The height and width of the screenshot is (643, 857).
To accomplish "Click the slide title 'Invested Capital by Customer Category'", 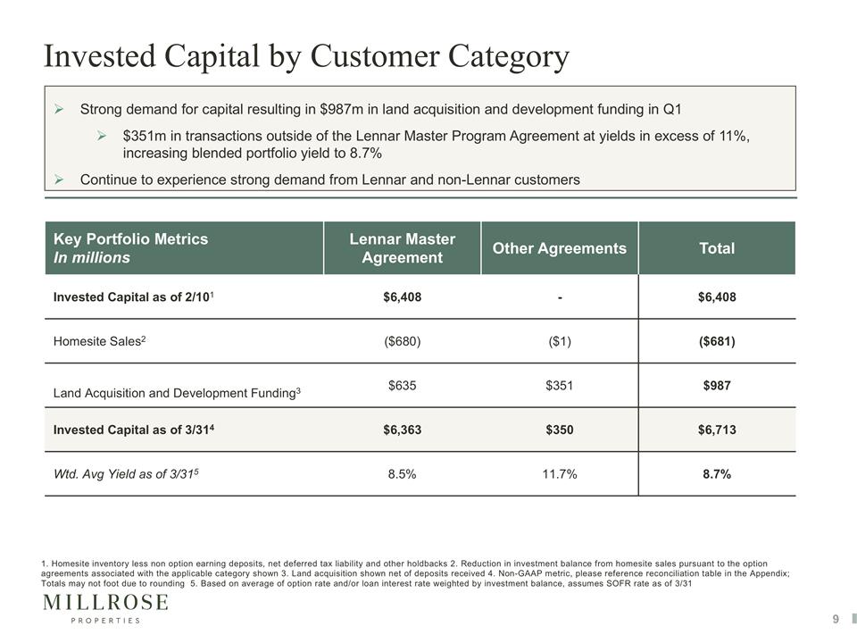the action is click(306, 57).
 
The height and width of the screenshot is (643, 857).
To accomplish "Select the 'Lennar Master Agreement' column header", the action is click(403, 248).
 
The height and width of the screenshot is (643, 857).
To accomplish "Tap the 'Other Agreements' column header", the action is click(559, 248).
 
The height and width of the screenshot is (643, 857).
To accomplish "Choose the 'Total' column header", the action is click(717, 248).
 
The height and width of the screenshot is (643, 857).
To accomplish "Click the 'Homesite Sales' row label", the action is click(99, 341).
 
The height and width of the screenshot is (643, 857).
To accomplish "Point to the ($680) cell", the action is click(403, 341).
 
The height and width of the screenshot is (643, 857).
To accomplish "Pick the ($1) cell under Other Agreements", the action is click(560, 341).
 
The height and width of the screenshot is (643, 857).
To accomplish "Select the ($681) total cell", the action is click(717, 341).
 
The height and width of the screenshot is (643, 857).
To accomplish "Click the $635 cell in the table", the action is click(403, 386).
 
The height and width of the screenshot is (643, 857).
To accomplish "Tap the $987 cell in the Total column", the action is click(717, 386).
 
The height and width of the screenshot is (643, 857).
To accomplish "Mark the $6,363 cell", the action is click(403, 430).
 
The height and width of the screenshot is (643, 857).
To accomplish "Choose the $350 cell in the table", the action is click(560, 430).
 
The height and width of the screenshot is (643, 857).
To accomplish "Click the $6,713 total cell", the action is click(717, 430).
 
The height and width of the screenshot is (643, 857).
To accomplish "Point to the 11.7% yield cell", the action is click(560, 474).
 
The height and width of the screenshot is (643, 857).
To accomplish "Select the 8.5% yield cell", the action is click(403, 474).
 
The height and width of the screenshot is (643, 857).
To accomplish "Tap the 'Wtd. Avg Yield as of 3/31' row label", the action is click(126, 474).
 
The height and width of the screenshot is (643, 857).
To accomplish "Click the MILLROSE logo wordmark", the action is click(105, 603).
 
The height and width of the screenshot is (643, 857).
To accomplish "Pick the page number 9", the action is click(836, 619).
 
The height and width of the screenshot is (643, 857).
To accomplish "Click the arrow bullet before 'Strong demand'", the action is click(59, 109).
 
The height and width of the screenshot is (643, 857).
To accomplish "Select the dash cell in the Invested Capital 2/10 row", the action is click(560, 298).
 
